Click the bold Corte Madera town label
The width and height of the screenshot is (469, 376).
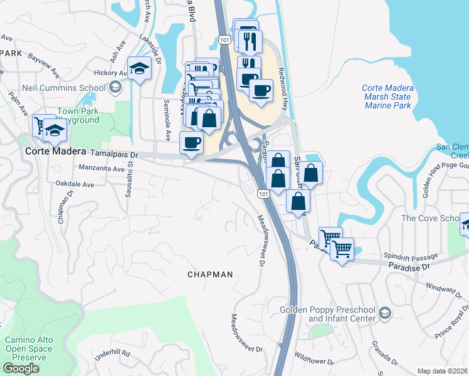pos(54,152)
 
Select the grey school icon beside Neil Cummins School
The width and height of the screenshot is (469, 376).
pos(114,88)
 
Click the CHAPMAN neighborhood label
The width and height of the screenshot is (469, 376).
pos(210,274)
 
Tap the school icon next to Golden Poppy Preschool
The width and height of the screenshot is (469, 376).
pos(386,312)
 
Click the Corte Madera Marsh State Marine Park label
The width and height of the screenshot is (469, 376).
pos(387,97)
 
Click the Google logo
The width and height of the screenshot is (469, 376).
pos(21,368)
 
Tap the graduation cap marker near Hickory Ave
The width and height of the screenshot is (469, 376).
pos(140,68)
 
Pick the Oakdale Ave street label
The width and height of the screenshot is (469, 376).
pos(75,185)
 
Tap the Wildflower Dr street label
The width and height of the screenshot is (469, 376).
pos(314,360)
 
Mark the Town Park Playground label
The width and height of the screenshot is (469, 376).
pos(77,115)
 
